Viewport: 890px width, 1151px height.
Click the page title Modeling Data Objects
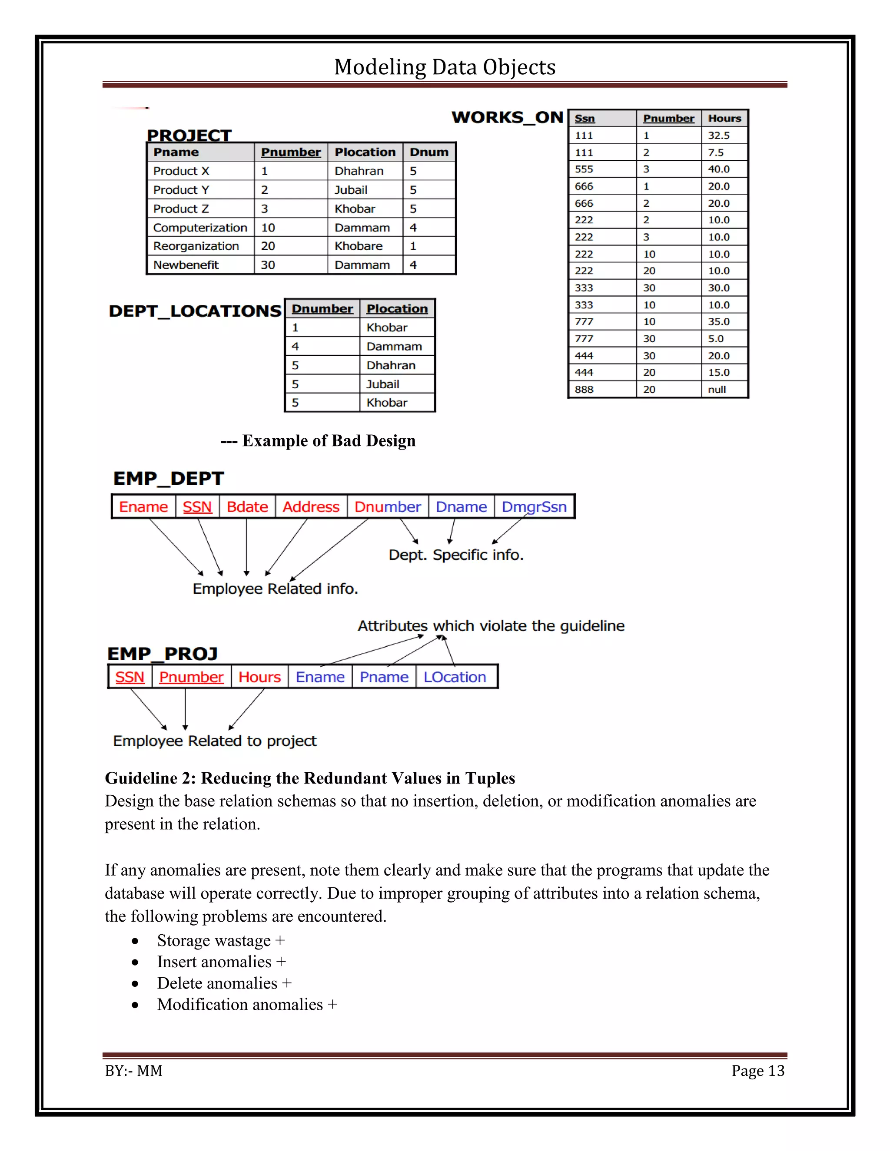[445, 67]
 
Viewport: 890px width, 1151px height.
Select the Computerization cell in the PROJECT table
[200, 228]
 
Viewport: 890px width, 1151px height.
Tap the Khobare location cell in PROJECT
[359, 246]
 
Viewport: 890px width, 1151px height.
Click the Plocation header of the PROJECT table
[365, 152]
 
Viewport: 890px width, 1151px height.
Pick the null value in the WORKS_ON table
[717, 390]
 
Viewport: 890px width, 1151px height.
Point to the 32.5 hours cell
[719, 136]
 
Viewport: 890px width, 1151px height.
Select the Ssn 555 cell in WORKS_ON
[584, 169]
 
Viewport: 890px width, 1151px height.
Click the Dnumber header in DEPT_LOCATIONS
[322, 309]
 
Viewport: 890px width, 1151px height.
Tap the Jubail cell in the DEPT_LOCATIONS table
[383, 384]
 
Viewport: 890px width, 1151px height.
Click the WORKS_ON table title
[507, 117]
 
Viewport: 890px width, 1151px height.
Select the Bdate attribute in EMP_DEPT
[247, 507]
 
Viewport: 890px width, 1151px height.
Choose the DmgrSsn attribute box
[534, 507]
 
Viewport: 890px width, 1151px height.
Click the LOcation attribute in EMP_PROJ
[455, 677]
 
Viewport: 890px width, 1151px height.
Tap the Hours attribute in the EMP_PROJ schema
[259, 677]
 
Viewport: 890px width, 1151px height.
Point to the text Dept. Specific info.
[455, 555]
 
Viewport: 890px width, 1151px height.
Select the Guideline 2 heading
[309, 778]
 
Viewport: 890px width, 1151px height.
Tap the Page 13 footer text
[757, 1071]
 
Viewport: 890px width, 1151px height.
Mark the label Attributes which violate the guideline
[491, 626]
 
